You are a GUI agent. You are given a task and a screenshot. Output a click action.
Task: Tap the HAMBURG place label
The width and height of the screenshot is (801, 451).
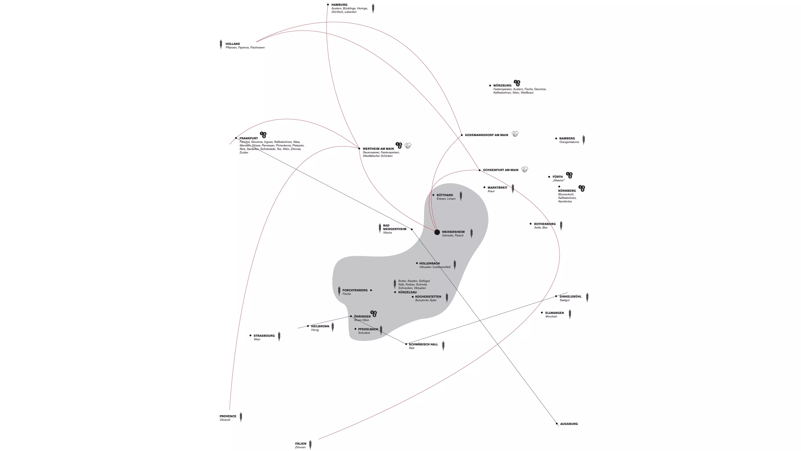coord(339,5)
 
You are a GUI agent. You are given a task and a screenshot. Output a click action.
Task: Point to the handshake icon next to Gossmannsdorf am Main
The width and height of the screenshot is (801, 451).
coord(515,134)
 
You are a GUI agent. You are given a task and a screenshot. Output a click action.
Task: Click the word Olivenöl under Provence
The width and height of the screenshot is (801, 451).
coord(225,420)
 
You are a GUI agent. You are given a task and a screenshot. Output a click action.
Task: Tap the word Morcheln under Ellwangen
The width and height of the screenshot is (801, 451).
coord(551,317)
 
